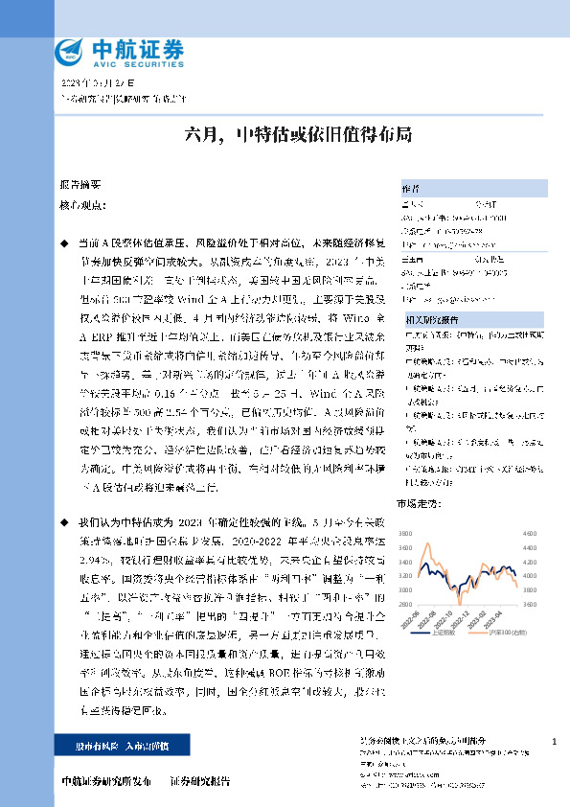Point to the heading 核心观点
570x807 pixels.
(x=80, y=205)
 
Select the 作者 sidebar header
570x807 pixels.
(x=410, y=188)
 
